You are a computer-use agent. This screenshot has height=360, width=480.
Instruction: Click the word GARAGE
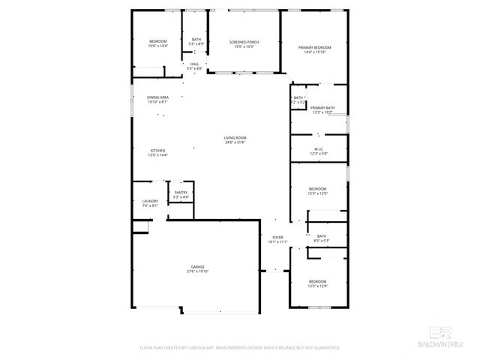pos(197,267)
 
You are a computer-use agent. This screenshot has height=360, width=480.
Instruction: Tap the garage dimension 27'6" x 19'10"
pos(197,271)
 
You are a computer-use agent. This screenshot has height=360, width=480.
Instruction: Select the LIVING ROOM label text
pos(235,137)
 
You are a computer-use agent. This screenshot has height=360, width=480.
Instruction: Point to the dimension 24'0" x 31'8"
pos(235,142)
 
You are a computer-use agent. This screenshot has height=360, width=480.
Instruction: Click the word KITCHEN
pos(157,150)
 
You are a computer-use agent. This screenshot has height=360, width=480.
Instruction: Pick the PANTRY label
pos(181,193)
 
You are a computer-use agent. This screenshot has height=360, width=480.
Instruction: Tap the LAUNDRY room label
pos(150,201)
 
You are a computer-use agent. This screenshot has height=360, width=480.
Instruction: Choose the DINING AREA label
pos(157,97)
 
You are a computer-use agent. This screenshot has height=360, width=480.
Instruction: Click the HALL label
pos(194,64)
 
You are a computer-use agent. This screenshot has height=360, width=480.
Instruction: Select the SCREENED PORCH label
pos(244,42)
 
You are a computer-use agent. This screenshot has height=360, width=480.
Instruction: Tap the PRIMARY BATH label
pos(322,107)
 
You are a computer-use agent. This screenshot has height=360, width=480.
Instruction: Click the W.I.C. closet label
pos(318,149)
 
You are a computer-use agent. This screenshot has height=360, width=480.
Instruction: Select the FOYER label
pos(277,237)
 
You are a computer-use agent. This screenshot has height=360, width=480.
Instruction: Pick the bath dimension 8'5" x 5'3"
pos(322,241)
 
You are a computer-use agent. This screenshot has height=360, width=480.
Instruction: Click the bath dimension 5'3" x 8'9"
pos(196,44)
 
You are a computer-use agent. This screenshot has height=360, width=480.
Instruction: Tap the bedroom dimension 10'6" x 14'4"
pos(157,46)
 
